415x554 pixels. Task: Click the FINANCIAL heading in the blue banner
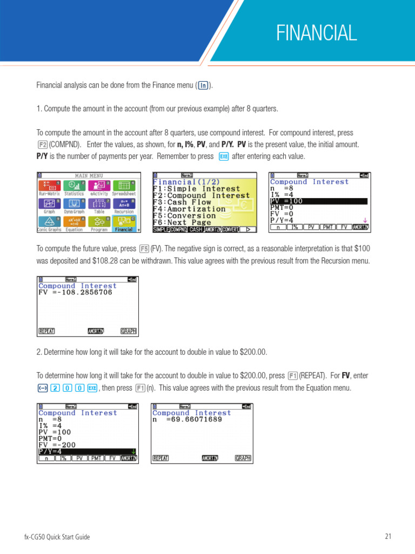point(316,33)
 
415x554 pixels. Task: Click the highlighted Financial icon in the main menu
point(125,223)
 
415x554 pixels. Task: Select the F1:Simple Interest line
point(196,189)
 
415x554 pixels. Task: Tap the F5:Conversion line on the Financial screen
point(184,215)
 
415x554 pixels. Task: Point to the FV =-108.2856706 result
point(76,292)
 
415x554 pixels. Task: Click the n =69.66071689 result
point(188,419)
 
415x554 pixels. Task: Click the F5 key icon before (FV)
point(144,249)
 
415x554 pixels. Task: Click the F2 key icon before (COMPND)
point(42,145)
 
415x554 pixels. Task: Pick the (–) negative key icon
point(43,388)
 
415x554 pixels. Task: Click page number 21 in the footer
point(387,537)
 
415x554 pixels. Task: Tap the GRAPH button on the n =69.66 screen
point(243,458)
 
